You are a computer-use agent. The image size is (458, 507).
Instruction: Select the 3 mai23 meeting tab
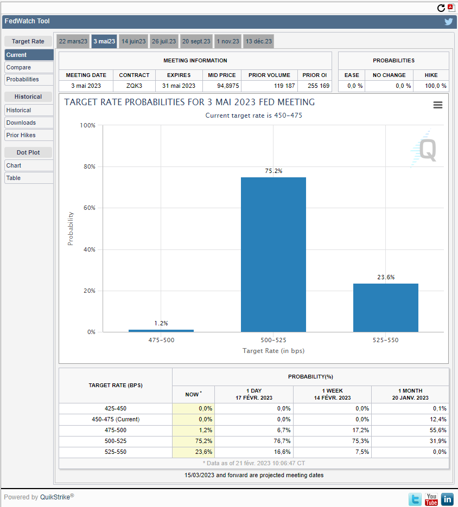tap(104, 41)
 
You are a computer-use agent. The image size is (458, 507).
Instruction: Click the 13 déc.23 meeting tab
tap(259, 41)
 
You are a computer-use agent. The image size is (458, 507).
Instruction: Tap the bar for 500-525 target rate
tap(273, 254)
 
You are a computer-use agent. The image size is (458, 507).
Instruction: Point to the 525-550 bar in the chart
tap(386, 307)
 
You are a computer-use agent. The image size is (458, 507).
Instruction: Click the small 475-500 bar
tap(161, 330)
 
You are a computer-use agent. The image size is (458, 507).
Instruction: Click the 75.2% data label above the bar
tap(274, 171)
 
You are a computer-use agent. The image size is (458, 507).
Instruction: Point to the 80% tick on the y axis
tap(90, 166)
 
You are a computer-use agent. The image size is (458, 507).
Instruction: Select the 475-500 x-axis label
tap(162, 340)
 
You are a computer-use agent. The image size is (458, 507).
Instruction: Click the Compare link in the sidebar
tap(18, 67)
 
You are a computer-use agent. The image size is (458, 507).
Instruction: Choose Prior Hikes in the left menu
tap(21, 135)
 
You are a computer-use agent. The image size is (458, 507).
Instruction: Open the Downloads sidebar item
tap(21, 123)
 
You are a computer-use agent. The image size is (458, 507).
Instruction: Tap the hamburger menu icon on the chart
tap(438, 105)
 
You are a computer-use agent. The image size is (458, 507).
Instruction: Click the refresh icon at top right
tap(441, 8)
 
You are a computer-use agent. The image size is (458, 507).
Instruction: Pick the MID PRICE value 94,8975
tap(228, 86)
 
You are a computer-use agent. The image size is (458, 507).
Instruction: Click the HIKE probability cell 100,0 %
tap(436, 86)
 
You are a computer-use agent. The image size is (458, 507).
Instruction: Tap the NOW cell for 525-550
tap(203, 452)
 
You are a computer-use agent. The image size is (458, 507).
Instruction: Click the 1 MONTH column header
tap(410, 394)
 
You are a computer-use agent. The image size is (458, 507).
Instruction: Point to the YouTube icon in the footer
tap(431, 499)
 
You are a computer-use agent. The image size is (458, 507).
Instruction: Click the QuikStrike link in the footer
tap(55, 497)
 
